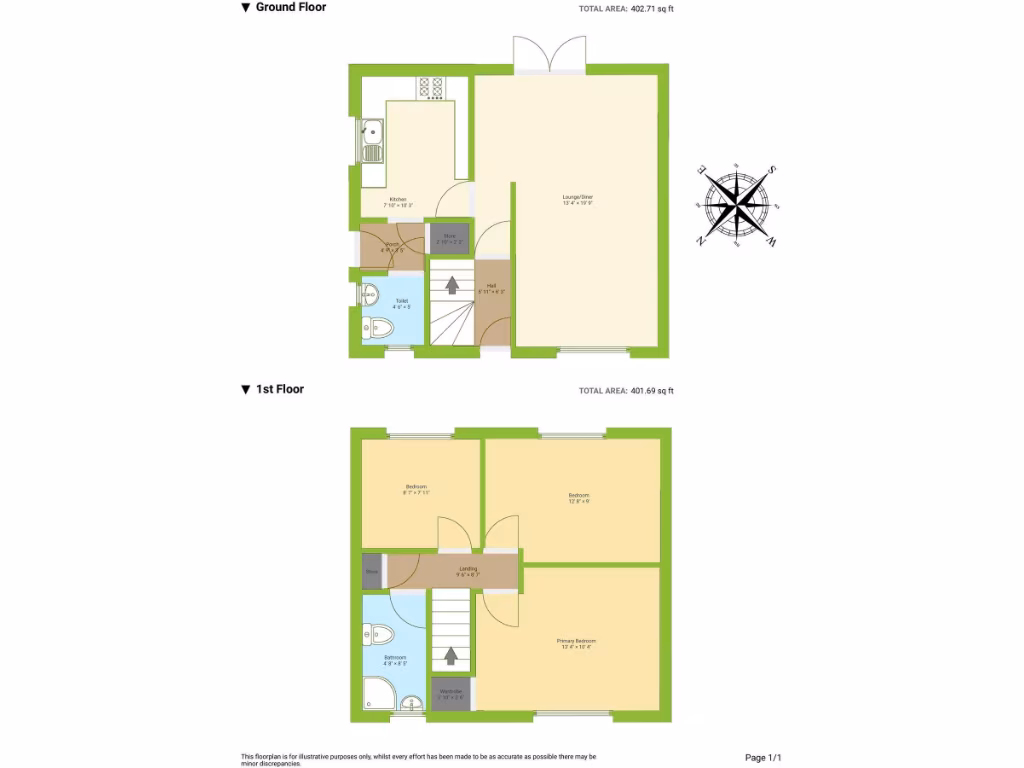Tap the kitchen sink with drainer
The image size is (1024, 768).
[x=371, y=140]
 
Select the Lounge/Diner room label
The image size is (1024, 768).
[x=578, y=200]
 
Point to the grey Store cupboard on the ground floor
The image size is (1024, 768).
[x=449, y=238]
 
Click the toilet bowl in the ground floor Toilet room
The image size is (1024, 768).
[x=377, y=327]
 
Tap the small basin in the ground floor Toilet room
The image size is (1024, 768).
[x=369, y=295]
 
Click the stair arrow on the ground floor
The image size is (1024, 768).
[x=451, y=285]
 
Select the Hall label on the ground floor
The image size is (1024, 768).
[x=492, y=288]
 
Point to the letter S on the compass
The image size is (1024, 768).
[x=773, y=169]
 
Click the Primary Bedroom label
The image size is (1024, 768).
[x=576, y=643]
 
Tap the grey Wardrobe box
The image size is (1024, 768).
[x=450, y=693]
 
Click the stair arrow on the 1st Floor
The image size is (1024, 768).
[x=451, y=656]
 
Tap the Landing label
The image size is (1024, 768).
[x=467, y=571]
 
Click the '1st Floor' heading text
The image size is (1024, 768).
[x=280, y=389]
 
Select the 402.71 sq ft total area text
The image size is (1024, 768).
[x=652, y=9]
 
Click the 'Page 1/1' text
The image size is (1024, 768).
[x=770, y=758]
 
